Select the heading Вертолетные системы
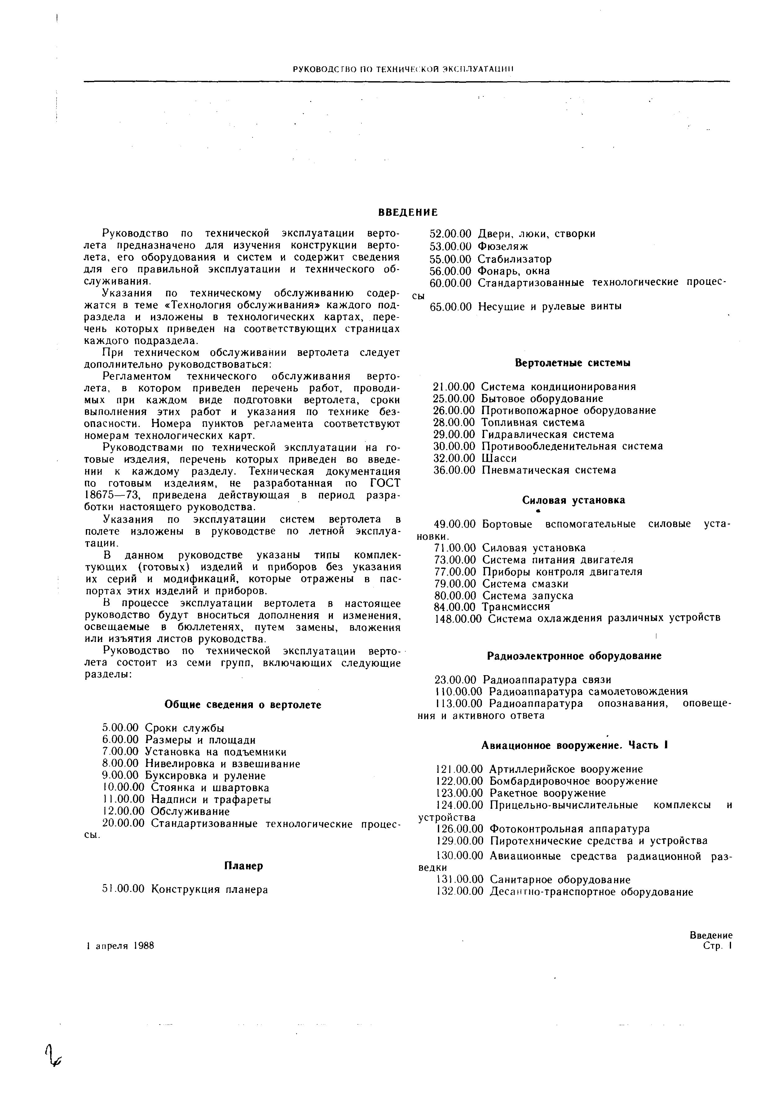click(x=572, y=363)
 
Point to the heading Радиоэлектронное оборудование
click(x=574, y=656)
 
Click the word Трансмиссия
click(x=515, y=607)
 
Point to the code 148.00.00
click(x=457, y=619)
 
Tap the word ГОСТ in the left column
click(x=384, y=483)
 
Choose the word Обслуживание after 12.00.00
click(x=190, y=812)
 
